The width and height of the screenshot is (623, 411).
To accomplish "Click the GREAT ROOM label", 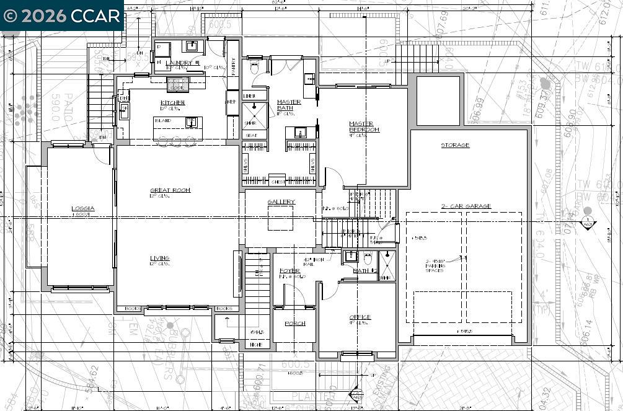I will coord(170,190).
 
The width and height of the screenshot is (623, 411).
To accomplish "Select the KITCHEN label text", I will coord(173,103).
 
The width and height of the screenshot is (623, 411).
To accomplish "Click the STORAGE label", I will coord(455,145).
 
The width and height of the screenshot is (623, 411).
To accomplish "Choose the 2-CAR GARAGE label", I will coord(466,206).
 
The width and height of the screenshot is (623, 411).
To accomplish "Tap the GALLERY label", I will coord(281,202).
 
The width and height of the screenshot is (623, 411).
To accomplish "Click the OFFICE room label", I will coord(360,317).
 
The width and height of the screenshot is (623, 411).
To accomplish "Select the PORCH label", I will coord(294,324).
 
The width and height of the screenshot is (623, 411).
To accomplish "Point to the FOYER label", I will coord(289,271).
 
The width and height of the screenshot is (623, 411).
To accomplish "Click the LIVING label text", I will coord(159,258).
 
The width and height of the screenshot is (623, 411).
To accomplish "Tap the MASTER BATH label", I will coord(289,105).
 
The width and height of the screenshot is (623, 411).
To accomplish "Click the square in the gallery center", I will coord(280,218).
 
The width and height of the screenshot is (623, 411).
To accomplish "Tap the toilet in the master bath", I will coord(254,68).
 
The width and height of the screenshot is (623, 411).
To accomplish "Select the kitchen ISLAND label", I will coord(163,120).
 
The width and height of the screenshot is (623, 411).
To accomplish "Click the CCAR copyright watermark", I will coord(62,15).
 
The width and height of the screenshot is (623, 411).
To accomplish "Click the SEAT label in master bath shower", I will coord(252,135).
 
